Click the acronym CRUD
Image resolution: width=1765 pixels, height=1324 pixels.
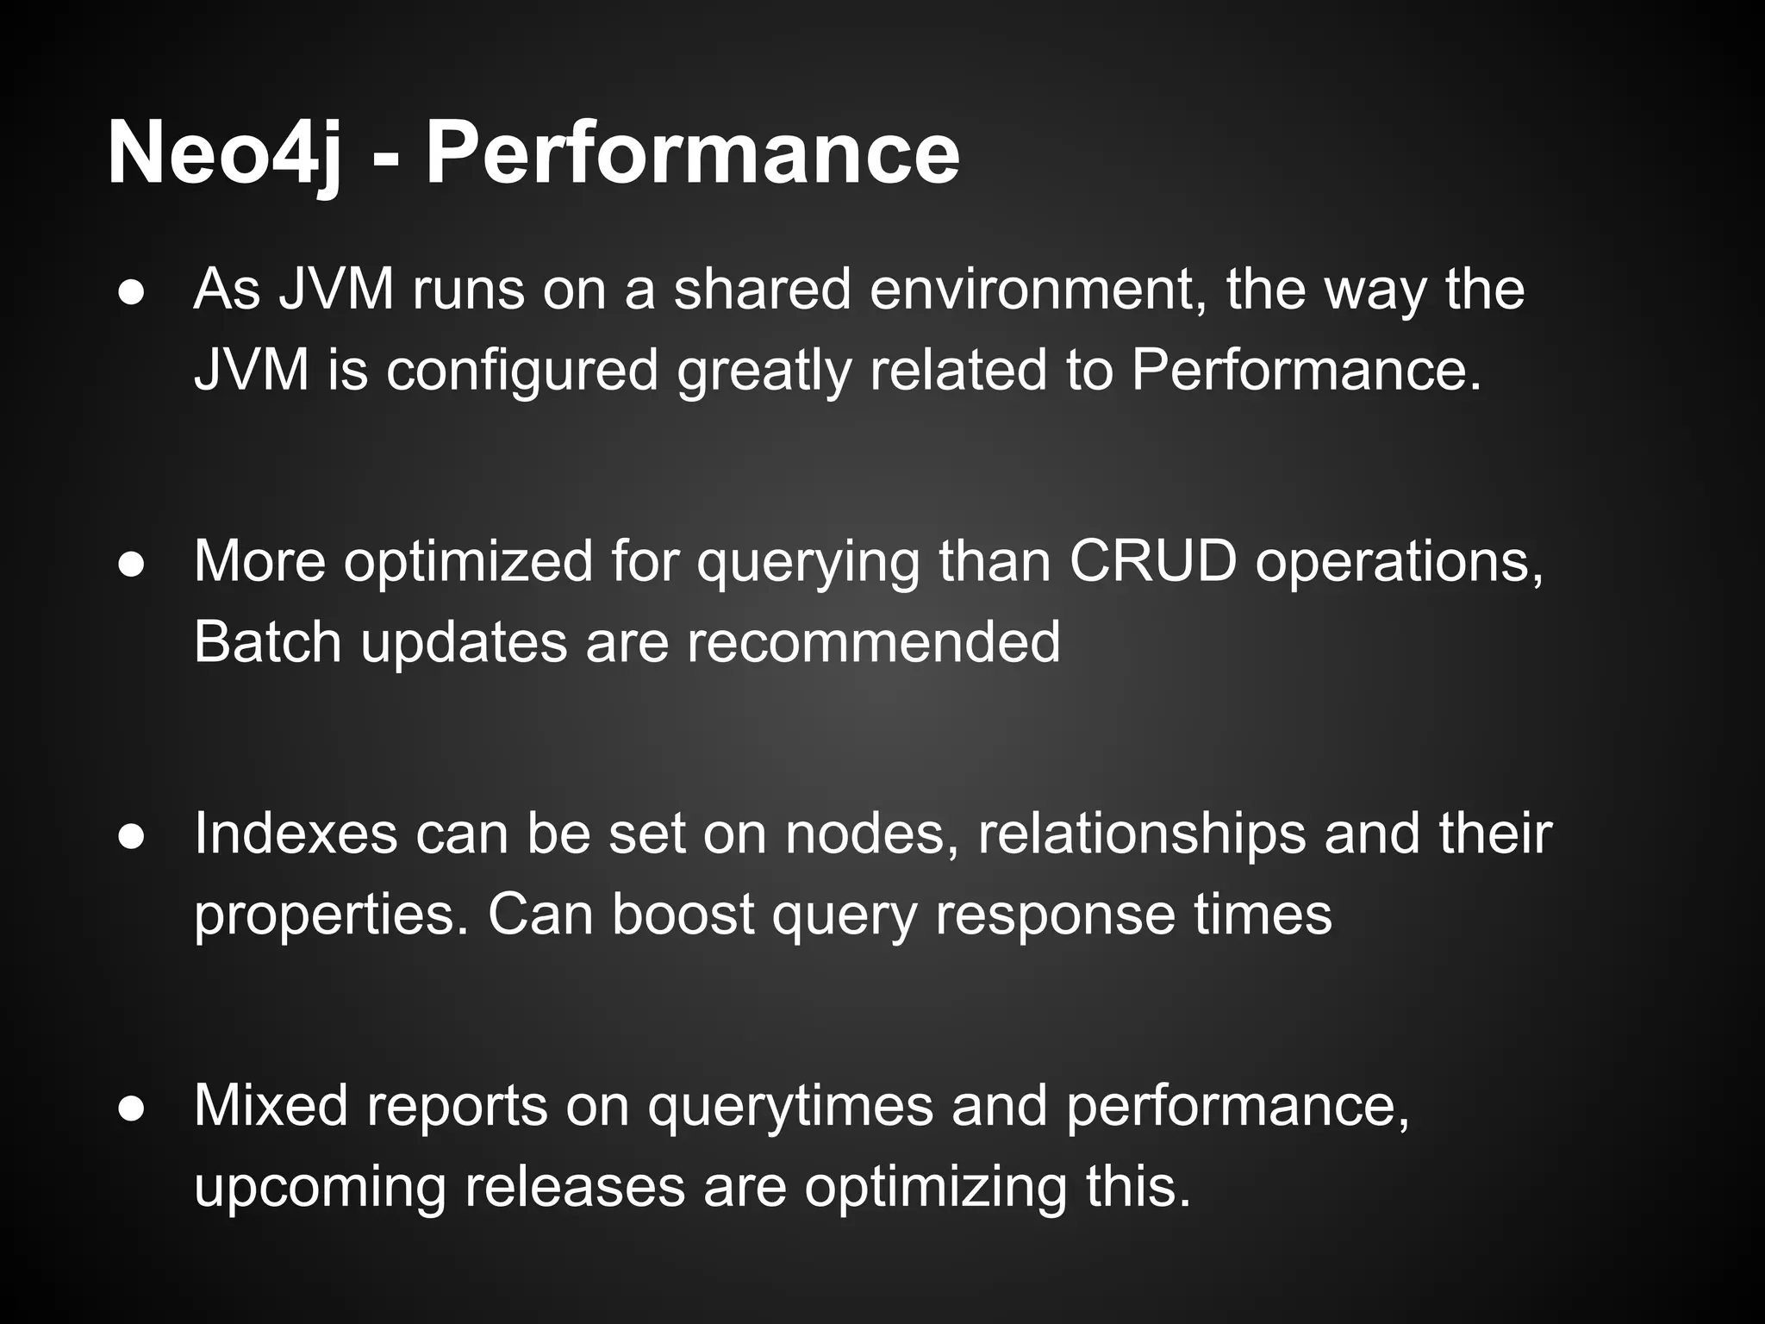pyautogui.click(x=1152, y=561)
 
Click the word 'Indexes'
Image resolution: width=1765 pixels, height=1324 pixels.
pyautogui.click(x=296, y=834)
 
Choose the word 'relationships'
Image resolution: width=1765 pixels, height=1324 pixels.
pyautogui.click(x=1141, y=835)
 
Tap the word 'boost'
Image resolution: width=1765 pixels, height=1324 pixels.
pyautogui.click(x=683, y=915)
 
